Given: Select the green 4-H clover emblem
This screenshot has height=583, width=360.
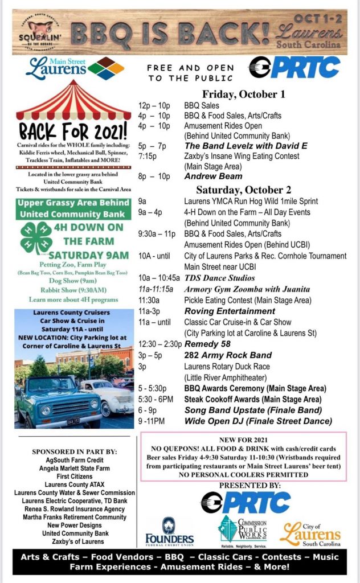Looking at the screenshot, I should pyautogui.click(x=36, y=239).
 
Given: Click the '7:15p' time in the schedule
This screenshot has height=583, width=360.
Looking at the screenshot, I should pyautogui.click(x=148, y=155).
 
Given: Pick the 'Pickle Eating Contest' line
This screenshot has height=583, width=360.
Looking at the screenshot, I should pyautogui.click(x=248, y=300).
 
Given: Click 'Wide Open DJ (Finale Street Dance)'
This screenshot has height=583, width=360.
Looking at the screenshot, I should pyautogui.click(x=258, y=421).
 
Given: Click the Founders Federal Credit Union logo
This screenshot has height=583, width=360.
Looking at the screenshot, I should pyautogui.click(x=169, y=532).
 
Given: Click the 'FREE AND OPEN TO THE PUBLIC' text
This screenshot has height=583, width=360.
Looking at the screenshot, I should pyautogui.click(x=190, y=72).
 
